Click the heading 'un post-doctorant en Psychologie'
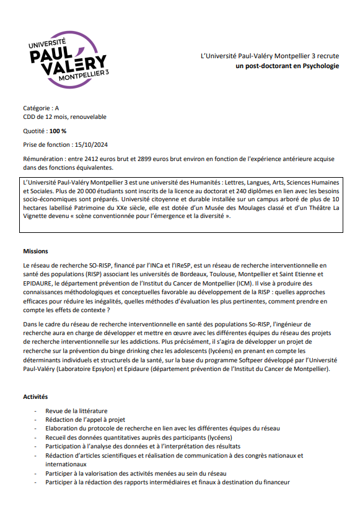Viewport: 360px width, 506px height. (288, 65)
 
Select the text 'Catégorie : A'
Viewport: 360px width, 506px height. (41, 108)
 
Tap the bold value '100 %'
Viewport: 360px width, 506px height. (58, 131)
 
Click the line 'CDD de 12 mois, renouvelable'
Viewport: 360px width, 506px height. (64, 117)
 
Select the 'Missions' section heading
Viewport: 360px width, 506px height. (36, 251)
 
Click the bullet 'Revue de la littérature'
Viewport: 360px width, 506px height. (76, 411)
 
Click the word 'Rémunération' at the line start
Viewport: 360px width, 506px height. (44, 159)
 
